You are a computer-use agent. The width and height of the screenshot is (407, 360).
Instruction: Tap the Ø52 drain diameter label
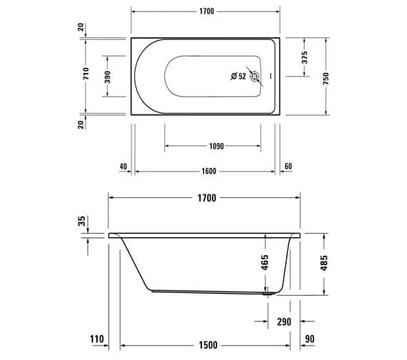click(x=238, y=76)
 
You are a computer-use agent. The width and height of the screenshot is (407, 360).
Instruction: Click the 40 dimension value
click(x=123, y=166)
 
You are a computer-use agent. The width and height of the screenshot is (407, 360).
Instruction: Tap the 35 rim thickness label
click(x=82, y=222)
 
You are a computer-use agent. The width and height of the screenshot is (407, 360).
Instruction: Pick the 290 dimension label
click(x=284, y=322)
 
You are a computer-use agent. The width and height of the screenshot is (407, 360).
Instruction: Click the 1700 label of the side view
click(x=205, y=199)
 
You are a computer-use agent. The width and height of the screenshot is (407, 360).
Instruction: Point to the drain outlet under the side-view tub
click(x=267, y=292)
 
